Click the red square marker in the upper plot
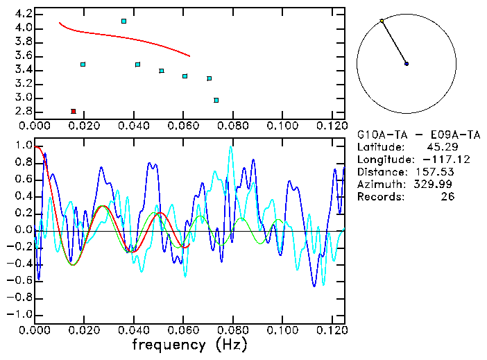pyautogui.click(x=74, y=111)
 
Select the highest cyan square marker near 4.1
pyautogui.click(x=123, y=22)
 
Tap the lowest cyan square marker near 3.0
pyautogui.click(x=216, y=101)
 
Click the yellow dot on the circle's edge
pyautogui.click(x=382, y=21)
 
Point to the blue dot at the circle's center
pyautogui.click(x=407, y=64)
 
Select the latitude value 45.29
pyautogui.click(x=437, y=147)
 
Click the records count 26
pyautogui.click(x=447, y=197)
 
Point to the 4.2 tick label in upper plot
pyautogui.click(x=23, y=14)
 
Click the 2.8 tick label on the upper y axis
pyautogui.click(x=23, y=112)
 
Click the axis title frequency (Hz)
pyautogui.click(x=189, y=345)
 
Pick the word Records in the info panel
pyautogui.click(x=379, y=197)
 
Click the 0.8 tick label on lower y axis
pyautogui.click(x=23, y=163)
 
